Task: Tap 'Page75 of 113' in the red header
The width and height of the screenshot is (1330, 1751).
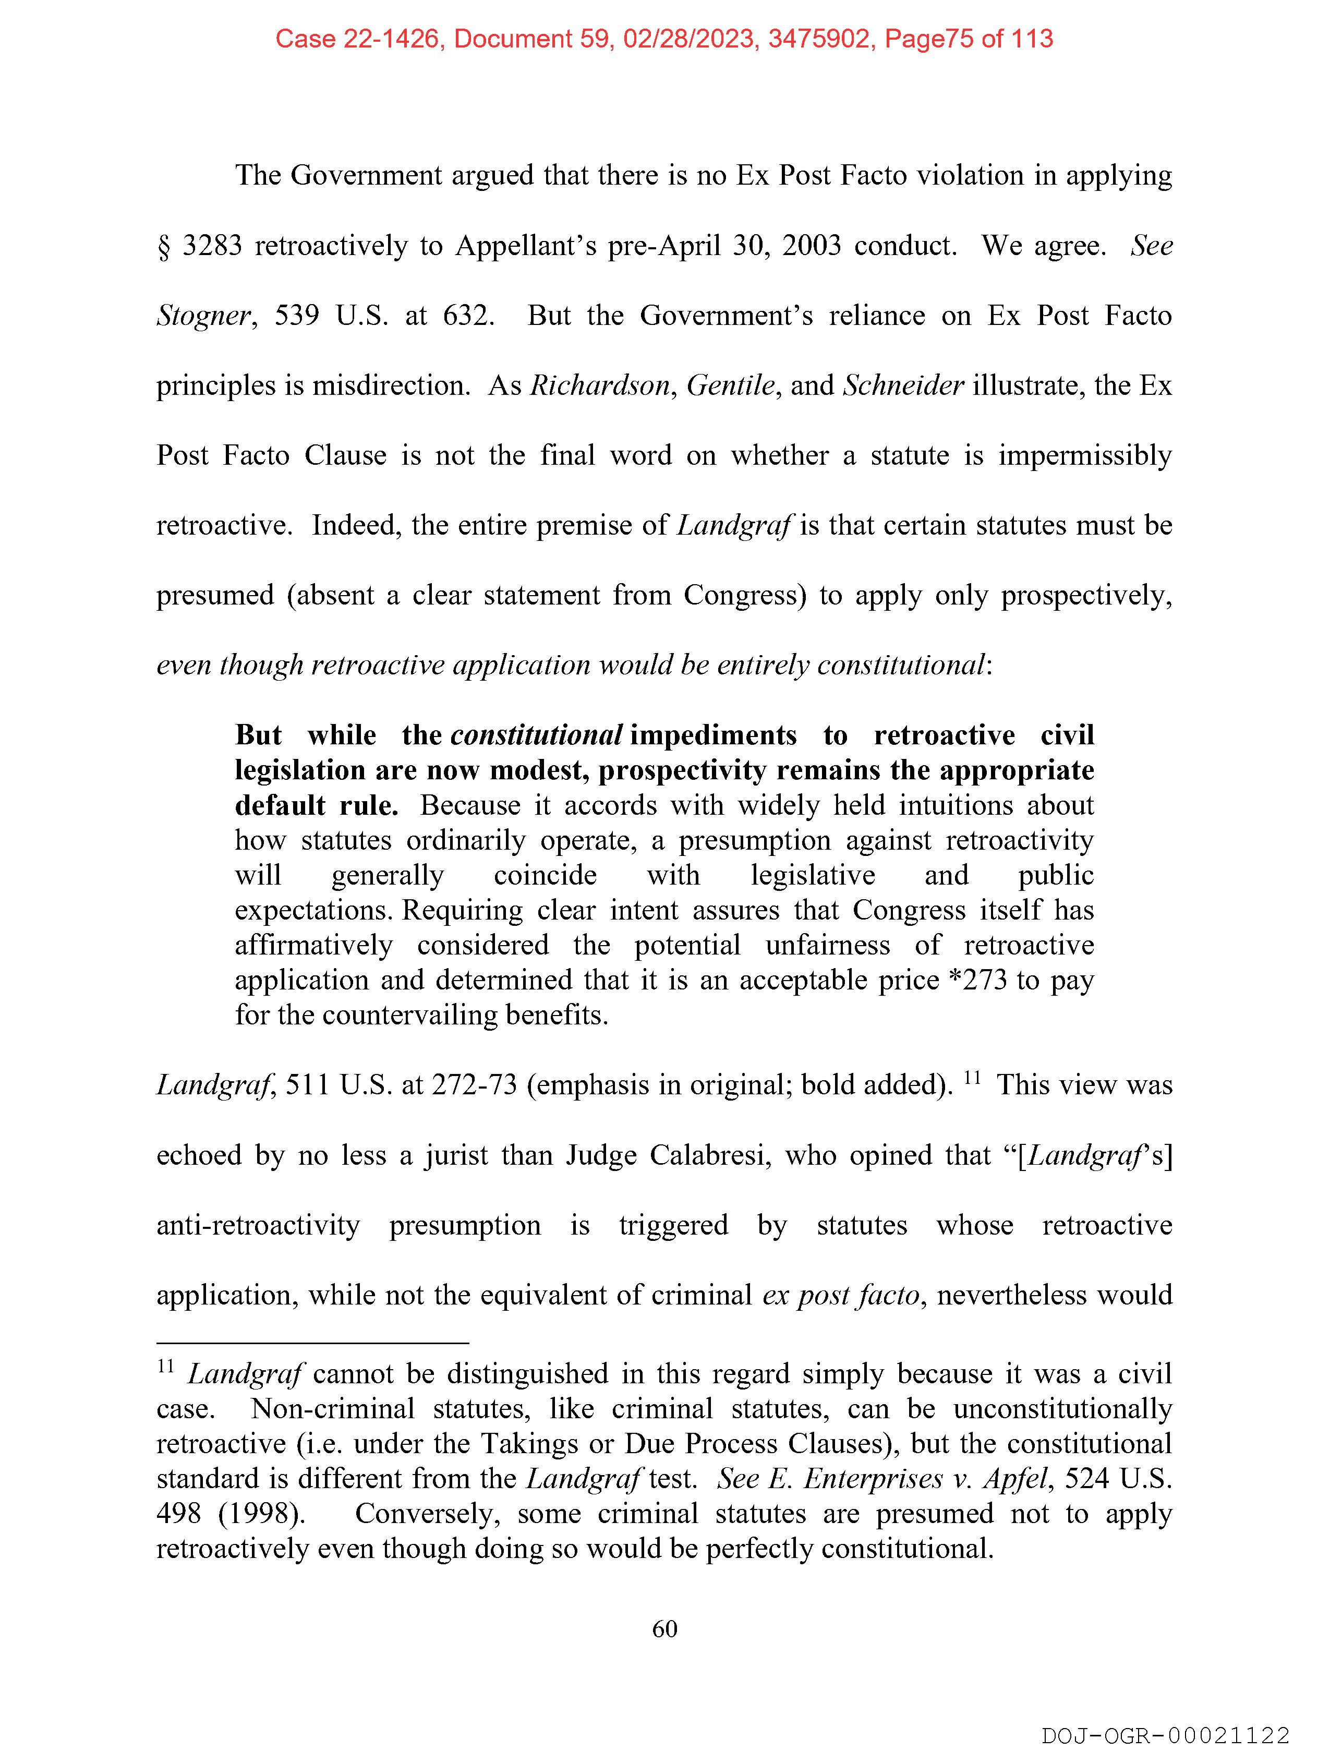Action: point(968,39)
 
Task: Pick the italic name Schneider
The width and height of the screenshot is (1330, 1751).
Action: point(902,385)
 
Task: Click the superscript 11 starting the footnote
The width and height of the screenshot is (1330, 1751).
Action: point(165,1367)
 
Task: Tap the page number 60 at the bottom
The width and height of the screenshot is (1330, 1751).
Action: point(664,1629)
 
